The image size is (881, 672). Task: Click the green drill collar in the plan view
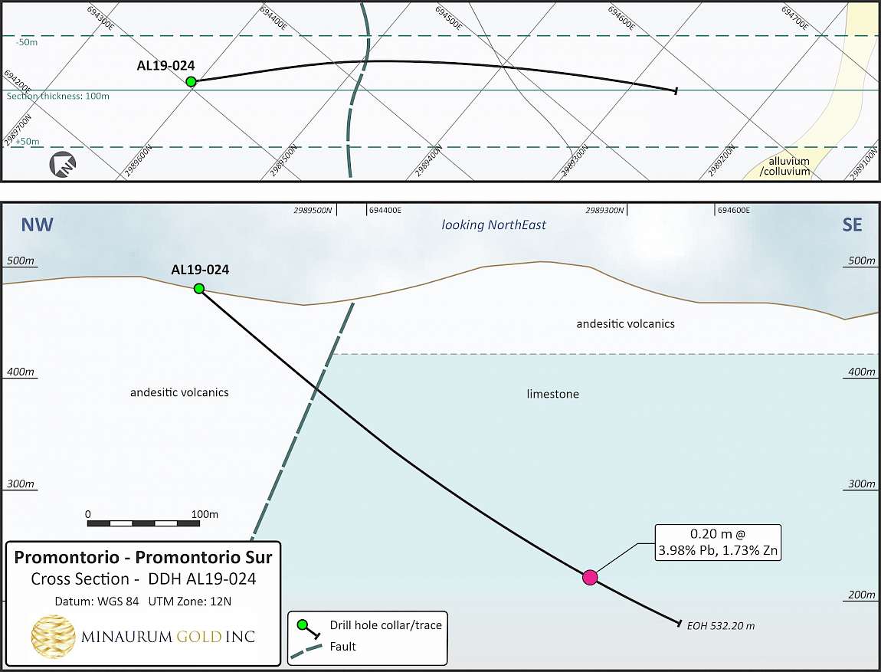[x=191, y=81]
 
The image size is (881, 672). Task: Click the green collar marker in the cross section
[x=199, y=288]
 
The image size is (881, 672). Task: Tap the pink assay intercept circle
[x=590, y=578]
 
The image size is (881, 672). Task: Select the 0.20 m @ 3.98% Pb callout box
[x=718, y=543]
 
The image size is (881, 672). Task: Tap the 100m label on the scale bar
[x=205, y=513]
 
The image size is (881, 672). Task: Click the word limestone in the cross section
[x=553, y=394]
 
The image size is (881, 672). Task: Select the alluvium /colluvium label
[x=785, y=166]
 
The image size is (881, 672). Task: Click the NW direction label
[x=37, y=225]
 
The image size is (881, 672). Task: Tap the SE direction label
[x=852, y=225]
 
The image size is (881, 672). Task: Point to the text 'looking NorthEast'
[x=493, y=225]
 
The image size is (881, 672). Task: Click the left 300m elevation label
[x=20, y=484]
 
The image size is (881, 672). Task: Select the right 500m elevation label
[x=861, y=261]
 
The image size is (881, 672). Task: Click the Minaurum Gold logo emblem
[x=53, y=636]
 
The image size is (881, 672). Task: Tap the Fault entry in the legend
[x=342, y=647]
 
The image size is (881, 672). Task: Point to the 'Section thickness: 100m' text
[x=58, y=96]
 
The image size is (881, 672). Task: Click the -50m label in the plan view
[x=27, y=42]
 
